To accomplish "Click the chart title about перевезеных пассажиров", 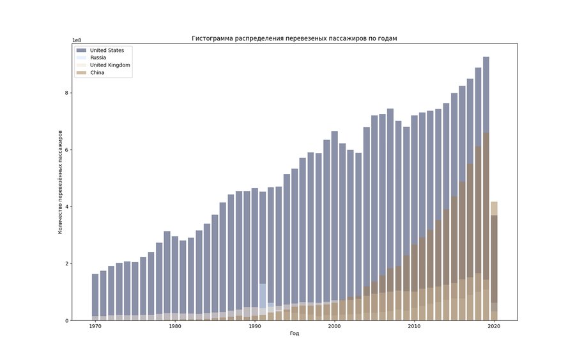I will click(x=295, y=38).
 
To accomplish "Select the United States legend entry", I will click(x=107, y=51).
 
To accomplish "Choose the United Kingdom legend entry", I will click(x=110, y=65).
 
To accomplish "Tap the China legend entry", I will click(x=97, y=73).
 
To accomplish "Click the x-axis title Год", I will click(x=295, y=333).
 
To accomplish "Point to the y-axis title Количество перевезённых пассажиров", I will click(x=61, y=183).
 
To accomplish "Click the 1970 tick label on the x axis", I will click(x=95, y=327).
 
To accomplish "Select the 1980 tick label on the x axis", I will click(x=175, y=327).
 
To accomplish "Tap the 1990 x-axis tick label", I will click(x=255, y=327).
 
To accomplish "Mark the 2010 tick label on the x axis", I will click(x=414, y=327).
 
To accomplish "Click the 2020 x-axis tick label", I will click(x=494, y=327).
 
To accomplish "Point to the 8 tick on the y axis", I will click(x=66, y=93).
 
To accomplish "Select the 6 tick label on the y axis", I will click(x=66, y=150).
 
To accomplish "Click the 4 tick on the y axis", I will click(x=66, y=207).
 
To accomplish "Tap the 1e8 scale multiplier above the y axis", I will click(x=77, y=40).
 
